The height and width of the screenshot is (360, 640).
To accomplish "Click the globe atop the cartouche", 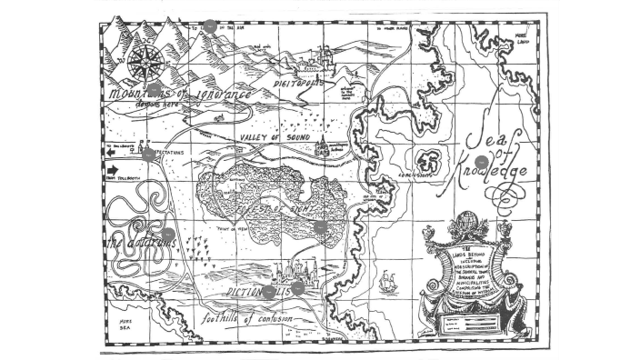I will tap(466, 221).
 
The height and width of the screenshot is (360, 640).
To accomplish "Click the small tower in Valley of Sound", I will tap(321, 146).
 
